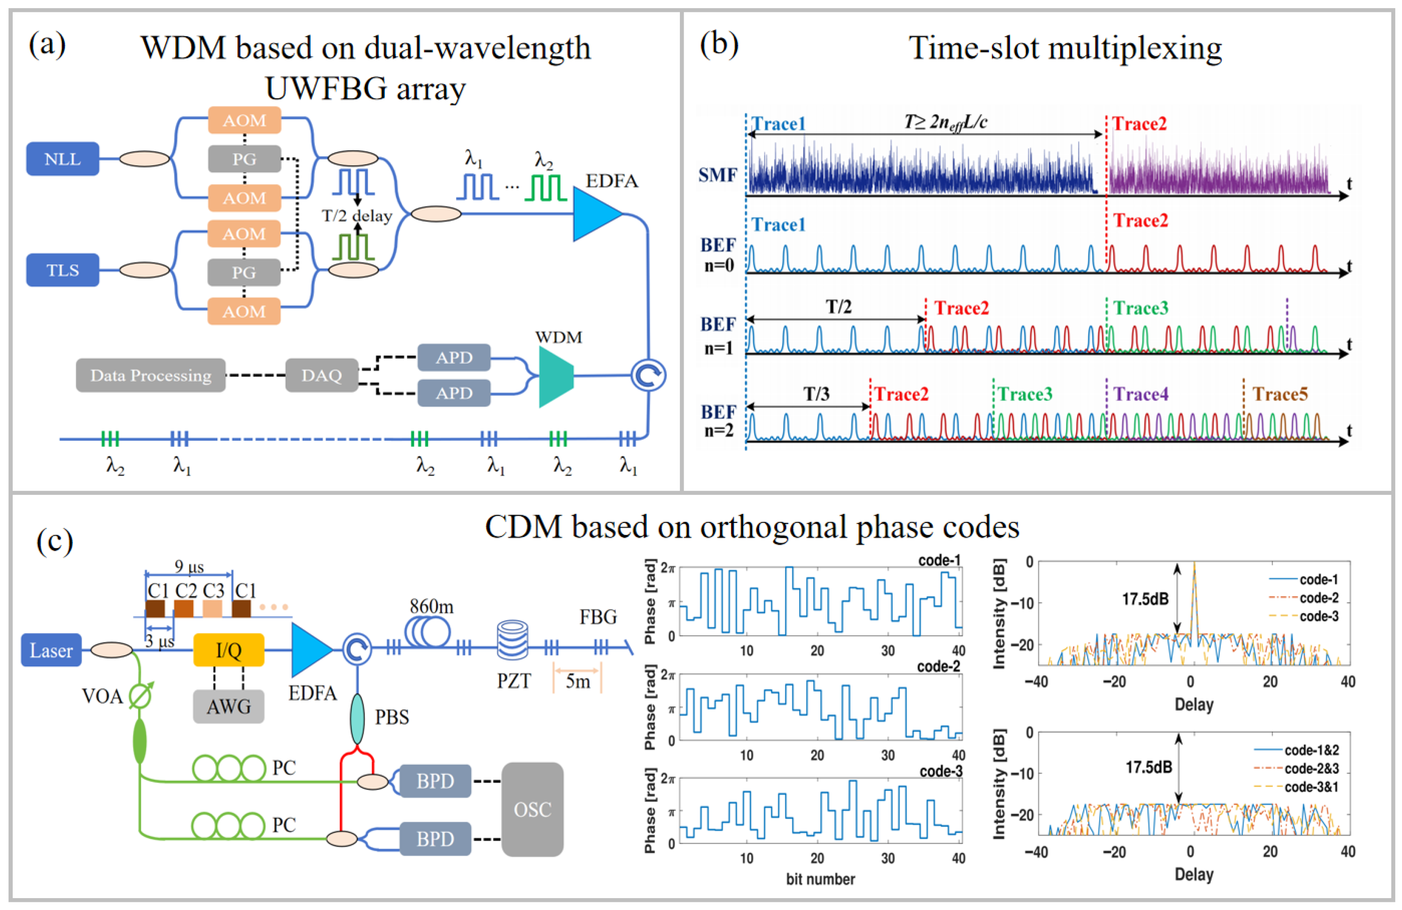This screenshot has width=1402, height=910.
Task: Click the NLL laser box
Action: click(62, 159)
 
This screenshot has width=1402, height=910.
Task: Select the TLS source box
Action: click(62, 270)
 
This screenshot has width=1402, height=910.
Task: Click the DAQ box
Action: click(322, 376)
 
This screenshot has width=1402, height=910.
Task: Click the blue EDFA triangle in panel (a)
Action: click(595, 213)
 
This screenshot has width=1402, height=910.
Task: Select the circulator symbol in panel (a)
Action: click(648, 376)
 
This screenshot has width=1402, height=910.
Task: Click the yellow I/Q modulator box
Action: click(228, 650)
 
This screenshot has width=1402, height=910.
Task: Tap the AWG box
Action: click(228, 706)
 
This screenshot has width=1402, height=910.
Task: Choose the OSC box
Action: click(532, 810)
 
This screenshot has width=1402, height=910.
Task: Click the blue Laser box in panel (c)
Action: click(51, 650)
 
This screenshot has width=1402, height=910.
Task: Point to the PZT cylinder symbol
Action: click(512, 640)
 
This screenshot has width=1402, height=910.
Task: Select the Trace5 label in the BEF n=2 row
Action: click(1280, 394)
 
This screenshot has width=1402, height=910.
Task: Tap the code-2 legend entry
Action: click(1318, 598)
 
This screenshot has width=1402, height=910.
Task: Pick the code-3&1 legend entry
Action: click(1311, 787)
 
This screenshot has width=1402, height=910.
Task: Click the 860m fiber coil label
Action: click(432, 606)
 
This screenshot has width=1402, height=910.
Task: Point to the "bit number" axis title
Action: click(821, 879)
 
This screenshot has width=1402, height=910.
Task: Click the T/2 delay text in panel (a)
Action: click(357, 216)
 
